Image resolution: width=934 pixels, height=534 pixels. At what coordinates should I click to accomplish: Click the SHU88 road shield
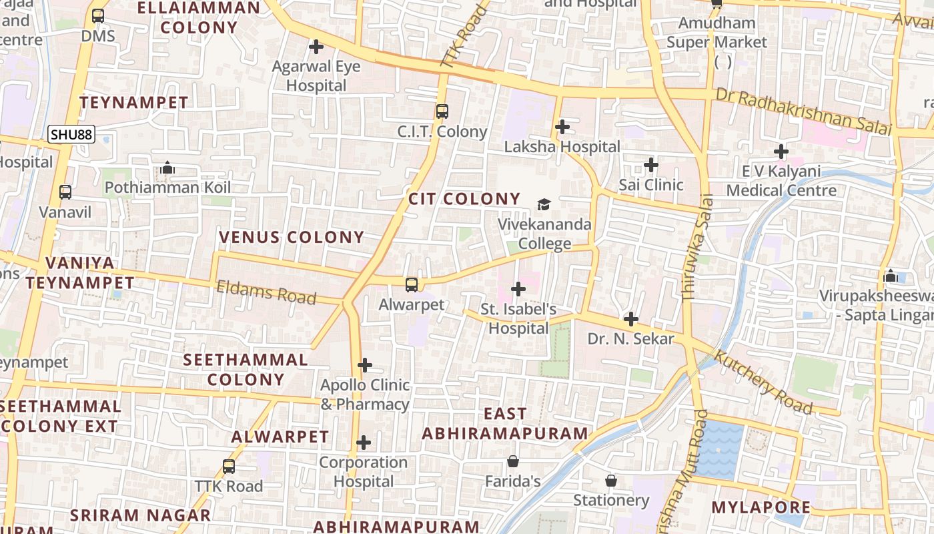pyautogui.click(x=71, y=135)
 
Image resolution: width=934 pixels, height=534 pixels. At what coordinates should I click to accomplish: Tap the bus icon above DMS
pyautogui.click(x=98, y=16)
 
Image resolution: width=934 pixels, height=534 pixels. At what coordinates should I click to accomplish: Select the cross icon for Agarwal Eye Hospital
pyautogui.click(x=316, y=47)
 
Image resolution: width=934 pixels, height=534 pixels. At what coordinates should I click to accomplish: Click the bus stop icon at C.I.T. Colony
pyautogui.click(x=442, y=111)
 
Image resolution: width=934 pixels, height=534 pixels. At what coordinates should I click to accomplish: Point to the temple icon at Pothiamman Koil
pyautogui.click(x=168, y=168)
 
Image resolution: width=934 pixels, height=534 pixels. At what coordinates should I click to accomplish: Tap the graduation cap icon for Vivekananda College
pyautogui.click(x=544, y=204)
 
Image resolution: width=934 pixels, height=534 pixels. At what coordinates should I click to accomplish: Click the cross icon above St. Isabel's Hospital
pyautogui.click(x=518, y=289)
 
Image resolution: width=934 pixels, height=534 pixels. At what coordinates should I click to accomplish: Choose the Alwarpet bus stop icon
pyautogui.click(x=412, y=285)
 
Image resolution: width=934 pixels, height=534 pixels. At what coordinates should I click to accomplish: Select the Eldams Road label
pyautogui.click(x=266, y=292)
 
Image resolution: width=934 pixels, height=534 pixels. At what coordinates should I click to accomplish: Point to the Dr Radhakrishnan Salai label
pyautogui.click(x=803, y=111)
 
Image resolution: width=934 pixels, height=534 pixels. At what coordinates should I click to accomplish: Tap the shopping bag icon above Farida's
pyautogui.click(x=513, y=461)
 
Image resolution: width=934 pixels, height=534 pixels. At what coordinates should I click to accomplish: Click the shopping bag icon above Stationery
pyautogui.click(x=610, y=481)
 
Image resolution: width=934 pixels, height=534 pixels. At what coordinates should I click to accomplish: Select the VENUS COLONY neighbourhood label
pyautogui.click(x=292, y=237)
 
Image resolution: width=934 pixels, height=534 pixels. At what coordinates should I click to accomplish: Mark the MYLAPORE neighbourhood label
pyautogui.click(x=761, y=507)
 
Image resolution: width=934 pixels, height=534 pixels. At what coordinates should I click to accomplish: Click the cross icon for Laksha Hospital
pyautogui.click(x=562, y=126)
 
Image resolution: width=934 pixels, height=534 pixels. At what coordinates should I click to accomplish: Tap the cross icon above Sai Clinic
pyautogui.click(x=651, y=164)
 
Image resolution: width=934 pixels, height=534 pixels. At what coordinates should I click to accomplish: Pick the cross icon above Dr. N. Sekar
pyautogui.click(x=630, y=319)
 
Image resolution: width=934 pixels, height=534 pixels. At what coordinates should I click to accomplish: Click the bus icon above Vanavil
pyautogui.click(x=65, y=192)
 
